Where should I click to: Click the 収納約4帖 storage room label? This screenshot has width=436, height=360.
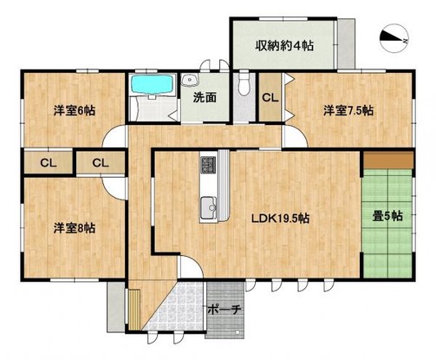click(x=283, y=45)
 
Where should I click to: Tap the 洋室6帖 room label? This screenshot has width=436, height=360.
click(x=72, y=109)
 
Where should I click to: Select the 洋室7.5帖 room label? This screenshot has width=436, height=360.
click(x=348, y=110)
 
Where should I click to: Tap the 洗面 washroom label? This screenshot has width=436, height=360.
click(x=205, y=98)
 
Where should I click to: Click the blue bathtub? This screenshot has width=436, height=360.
click(x=153, y=86)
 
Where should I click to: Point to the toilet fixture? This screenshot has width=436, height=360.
click(x=244, y=86)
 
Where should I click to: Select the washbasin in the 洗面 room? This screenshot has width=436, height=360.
click(x=189, y=83)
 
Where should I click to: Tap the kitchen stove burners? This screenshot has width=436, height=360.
click(x=209, y=165)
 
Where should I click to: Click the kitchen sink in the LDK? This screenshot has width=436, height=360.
click(x=208, y=206)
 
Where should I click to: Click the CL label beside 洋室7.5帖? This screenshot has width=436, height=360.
click(x=269, y=98)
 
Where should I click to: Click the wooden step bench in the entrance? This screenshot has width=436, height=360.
click(x=133, y=304)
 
